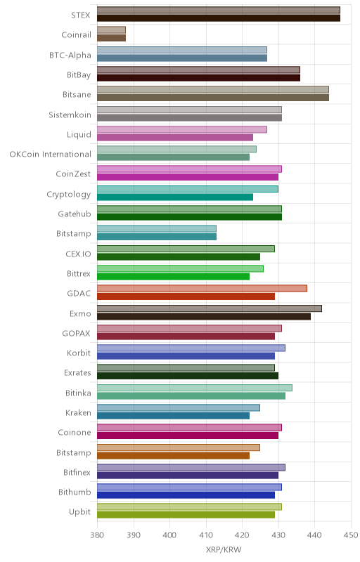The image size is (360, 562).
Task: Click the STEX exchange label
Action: [81, 15]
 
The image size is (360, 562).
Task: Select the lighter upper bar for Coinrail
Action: [112, 30]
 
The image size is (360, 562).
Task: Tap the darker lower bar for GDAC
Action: [186, 296]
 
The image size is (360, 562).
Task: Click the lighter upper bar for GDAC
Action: [202, 289]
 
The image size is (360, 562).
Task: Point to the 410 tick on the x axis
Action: [206, 535]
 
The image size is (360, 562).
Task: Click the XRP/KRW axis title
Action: [224, 549]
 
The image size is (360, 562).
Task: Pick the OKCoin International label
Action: [50, 154]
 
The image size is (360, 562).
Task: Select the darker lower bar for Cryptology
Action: [175, 197]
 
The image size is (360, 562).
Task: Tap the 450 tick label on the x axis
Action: [351, 535]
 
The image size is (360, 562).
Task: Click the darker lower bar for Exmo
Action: [204, 317]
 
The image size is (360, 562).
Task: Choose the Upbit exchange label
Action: [79, 512]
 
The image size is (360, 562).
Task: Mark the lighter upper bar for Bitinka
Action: [195, 388]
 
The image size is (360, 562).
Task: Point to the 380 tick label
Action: [97, 535]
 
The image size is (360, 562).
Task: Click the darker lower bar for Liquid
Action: [175, 137]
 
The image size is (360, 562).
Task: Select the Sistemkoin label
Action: [70, 115]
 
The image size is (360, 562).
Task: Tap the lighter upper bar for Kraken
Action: [179, 407]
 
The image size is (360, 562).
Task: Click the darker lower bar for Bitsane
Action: [213, 98]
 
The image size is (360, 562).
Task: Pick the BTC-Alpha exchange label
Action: [70, 55]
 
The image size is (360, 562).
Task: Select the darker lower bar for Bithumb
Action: [186, 495]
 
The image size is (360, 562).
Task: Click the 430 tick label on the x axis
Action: [278, 535]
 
